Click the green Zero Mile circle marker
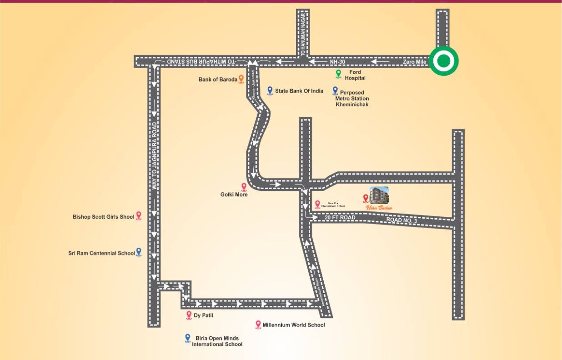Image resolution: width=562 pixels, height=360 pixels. (x=444, y=61)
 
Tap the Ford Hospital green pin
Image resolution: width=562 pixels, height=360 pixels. (x=338, y=73)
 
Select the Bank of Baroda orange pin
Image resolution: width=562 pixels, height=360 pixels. (x=241, y=80)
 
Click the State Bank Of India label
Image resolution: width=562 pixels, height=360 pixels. (x=299, y=91)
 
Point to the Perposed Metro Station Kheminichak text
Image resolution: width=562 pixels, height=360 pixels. (x=352, y=99)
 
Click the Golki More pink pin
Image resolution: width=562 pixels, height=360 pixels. (x=244, y=186)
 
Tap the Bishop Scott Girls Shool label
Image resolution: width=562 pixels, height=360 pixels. (x=103, y=217)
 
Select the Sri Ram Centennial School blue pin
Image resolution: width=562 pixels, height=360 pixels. (x=139, y=252)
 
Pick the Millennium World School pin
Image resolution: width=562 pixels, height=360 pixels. (x=258, y=324)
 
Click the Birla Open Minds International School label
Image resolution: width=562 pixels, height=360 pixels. (x=217, y=341)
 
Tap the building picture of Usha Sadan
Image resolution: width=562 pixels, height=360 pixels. (x=380, y=196)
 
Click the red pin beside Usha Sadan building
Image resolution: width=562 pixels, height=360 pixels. (x=365, y=198)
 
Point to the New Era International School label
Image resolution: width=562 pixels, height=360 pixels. (x=333, y=205)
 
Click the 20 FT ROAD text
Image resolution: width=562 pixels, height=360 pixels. (x=340, y=218)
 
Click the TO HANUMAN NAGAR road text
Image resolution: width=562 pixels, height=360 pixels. (x=303, y=35)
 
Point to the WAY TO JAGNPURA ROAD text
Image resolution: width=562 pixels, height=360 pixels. (x=155, y=156)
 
